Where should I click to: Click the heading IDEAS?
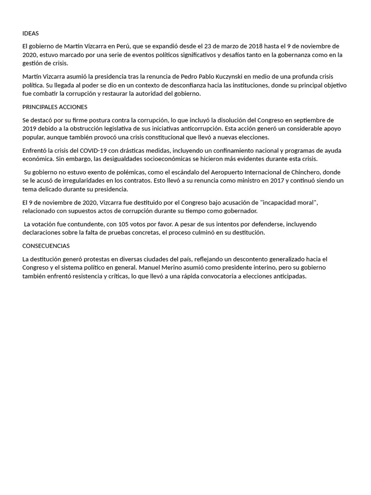click(x=30, y=33)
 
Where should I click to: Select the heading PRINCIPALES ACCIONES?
click(x=55, y=107)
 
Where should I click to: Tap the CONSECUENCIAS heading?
click(x=46, y=246)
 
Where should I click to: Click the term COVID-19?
click(x=94, y=151)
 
